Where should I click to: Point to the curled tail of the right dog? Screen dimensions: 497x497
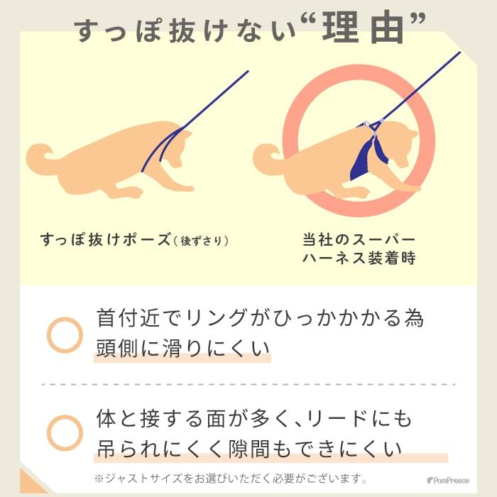268,154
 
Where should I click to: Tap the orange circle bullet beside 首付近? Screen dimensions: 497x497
65,334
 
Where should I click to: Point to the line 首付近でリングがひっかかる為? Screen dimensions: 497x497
260,318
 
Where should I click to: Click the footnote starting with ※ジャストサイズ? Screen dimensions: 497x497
231,478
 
